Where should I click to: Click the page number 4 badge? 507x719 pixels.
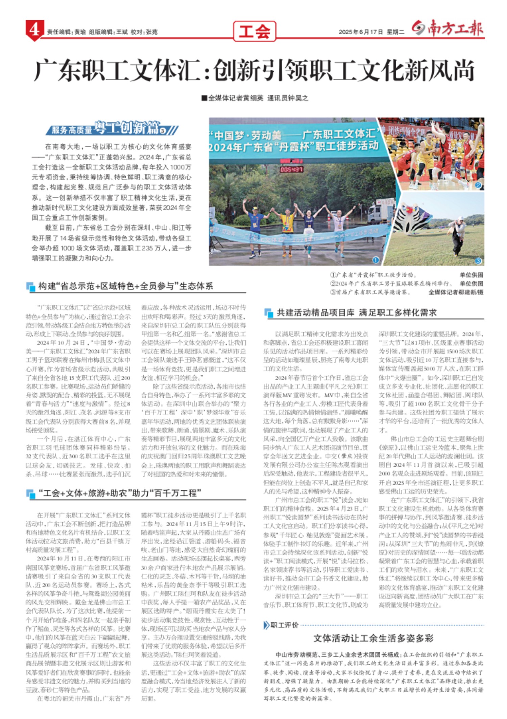pos(34,30)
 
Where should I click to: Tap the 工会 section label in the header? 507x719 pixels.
pos(255,31)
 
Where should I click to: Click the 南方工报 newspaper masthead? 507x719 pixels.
pos(448,29)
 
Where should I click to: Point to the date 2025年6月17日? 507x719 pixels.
pos(361,32)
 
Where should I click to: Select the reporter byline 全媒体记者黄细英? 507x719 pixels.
pos(236,98)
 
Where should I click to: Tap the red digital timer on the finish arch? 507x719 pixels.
pos(291,169)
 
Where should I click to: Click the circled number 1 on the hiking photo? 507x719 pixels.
pos(376,260)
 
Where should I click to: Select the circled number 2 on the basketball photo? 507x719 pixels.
pos(478,185)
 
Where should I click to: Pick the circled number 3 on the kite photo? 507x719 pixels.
pos(478,260)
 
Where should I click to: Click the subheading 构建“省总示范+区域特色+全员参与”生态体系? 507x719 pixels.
pos(125,286)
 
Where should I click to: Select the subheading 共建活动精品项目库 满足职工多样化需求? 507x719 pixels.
pos(357,312)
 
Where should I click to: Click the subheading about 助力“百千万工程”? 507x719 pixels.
pos(120,493)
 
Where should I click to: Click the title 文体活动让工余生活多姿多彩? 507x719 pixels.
pos(373,638)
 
